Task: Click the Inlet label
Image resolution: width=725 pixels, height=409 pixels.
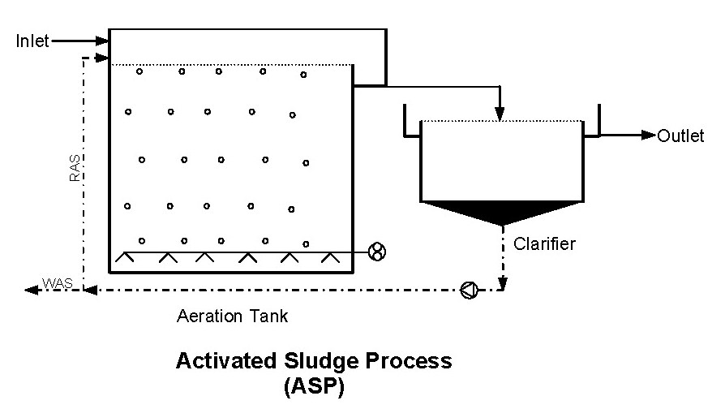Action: tap(33, 41)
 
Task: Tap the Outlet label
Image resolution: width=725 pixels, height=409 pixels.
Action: tap(680, 136)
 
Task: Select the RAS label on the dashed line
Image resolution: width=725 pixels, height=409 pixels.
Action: tap(74, 168)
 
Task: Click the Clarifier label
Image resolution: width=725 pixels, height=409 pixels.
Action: tap(544, 243)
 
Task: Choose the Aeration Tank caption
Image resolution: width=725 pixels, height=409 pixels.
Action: tap(232, 316)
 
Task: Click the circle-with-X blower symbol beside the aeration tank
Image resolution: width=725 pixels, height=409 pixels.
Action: tap(376, 252)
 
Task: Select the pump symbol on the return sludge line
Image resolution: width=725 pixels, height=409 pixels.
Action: tap(469, 290)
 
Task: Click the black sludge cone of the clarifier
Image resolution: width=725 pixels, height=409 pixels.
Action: tap(502, 211)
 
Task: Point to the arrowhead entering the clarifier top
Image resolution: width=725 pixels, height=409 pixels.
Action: tap(501, 115)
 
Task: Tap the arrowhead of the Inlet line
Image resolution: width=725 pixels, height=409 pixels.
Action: tap(102, 41)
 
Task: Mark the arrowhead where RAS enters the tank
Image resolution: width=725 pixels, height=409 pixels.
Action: tap(102, 58)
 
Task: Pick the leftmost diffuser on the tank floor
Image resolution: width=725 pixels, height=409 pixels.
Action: tap(125, 258)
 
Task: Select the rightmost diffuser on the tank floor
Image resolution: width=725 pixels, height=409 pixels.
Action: tap(328, 258)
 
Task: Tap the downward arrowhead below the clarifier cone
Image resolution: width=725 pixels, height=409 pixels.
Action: tap(502, 283)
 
